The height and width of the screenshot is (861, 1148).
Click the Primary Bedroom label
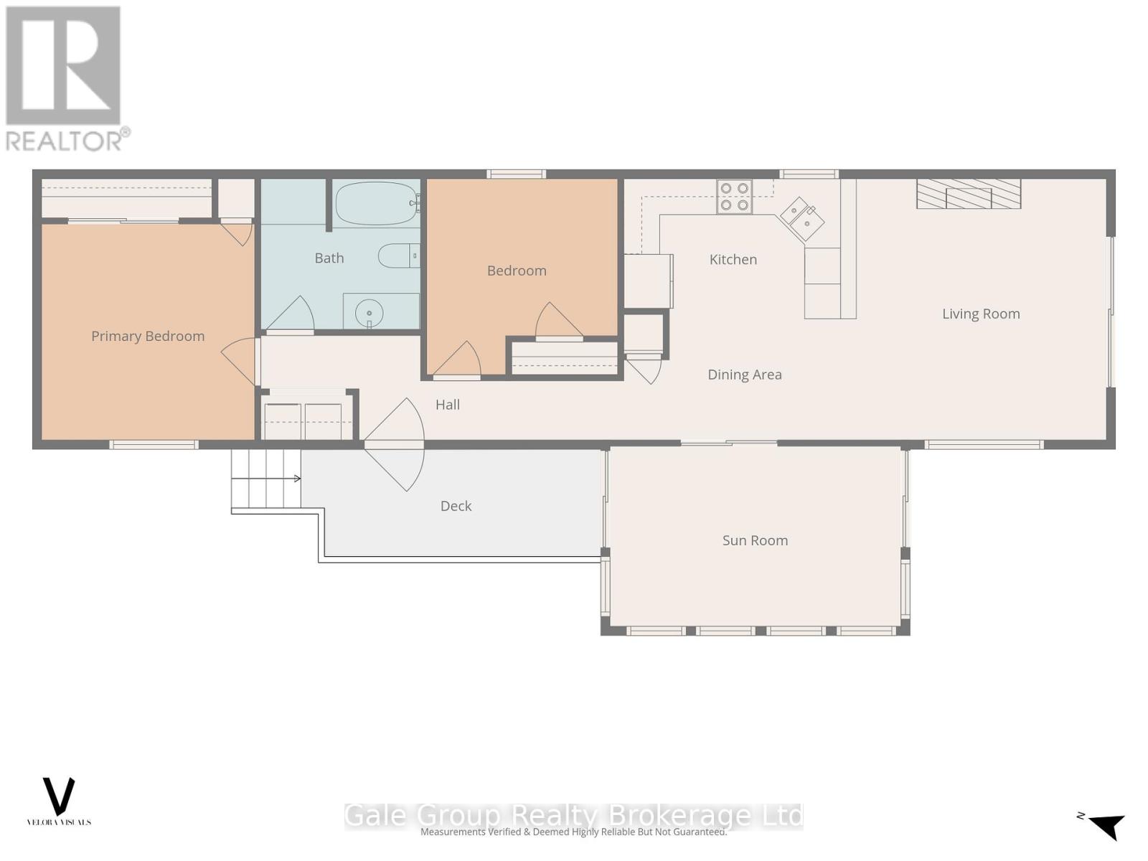148,336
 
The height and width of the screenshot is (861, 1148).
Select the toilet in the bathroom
397,255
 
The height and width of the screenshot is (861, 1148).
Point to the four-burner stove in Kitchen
734,197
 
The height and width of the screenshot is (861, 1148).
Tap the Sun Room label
755,540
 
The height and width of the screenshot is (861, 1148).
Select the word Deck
456,506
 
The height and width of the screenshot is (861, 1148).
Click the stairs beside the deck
266,479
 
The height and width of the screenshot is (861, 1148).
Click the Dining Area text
744,375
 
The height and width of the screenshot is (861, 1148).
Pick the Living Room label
980,314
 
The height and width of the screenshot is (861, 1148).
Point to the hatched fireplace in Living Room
968,194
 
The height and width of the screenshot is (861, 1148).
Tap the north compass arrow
1106,825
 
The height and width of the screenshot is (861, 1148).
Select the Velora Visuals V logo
59,798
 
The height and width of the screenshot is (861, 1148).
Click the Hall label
447,405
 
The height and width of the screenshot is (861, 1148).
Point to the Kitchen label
733,260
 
